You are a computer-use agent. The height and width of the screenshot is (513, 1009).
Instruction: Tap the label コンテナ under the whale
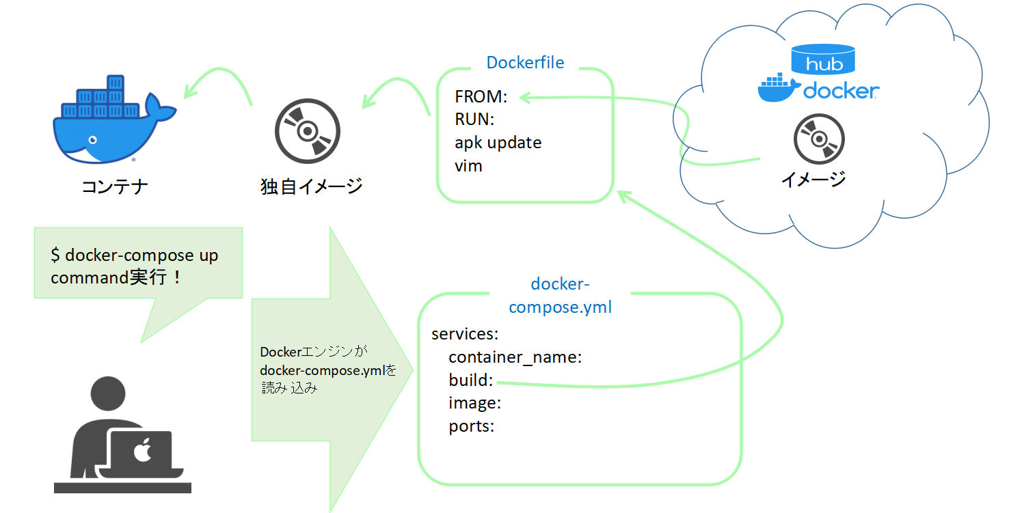pyautogui.click(x=114, y=186)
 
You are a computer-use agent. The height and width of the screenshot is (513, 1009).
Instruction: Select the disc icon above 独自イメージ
pyautogui.click(x=307, y=130)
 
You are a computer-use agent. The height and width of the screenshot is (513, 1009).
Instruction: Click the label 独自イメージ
pyautogui.click(x=311, y=186)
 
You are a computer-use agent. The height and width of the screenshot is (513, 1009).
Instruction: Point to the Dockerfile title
pyautogui.click(x=525, y=63)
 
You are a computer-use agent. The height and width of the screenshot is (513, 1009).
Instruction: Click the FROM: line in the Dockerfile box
pyautogui.click(x=481, y=97)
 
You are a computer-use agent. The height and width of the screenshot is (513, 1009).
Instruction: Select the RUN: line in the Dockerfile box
pyautogui.click(x=474, y=120)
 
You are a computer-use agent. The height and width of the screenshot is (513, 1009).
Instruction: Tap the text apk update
pyautogui.click(x=498, y=143)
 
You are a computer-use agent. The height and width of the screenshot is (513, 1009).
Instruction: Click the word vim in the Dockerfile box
pyautogui.click(x=468, y=165)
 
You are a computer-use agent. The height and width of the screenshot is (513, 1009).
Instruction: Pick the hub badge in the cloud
pyautogui.click(x=824, y=60)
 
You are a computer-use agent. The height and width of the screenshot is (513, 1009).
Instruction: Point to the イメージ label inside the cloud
pyautogui.click(x=813, y=179)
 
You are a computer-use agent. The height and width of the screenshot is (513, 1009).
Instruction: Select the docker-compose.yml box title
pyautogui.click(x=560, y=295)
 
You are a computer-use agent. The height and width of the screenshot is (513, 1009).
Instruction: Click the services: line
pyautogui.click(x=465, y=334)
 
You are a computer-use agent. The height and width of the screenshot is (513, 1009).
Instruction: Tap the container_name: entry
pyautogui.click(x=515, y=357)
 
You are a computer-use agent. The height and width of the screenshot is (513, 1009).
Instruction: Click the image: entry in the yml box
pyautogui.click(x=475, y=403)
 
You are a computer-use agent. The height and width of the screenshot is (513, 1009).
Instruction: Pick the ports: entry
pyautogui.click(x=471, y=426)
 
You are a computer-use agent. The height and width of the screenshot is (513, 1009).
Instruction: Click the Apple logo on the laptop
pyautogui.click(x=142, y=452)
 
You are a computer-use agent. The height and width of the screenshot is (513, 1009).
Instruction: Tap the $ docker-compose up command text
pyautogui.click(x=134, y=255)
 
